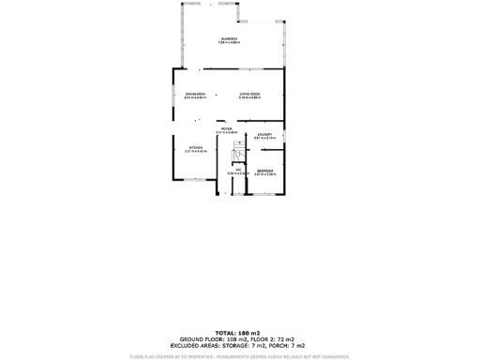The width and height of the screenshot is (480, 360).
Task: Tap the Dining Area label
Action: coord(195,94)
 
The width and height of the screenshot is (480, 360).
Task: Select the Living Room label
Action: coord(249,94)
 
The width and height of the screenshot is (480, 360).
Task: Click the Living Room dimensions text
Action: coord(249,98)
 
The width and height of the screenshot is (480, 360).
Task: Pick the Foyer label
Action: coord(226,128)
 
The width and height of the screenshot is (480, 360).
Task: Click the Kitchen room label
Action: coord(195,147)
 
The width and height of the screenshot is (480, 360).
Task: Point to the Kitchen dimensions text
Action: coord(195,152)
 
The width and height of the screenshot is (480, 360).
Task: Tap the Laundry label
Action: coord(264,134)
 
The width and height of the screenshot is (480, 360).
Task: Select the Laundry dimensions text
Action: coord(264,139)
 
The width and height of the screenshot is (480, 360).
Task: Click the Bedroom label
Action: coord(264,170)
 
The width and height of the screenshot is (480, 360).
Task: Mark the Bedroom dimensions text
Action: coord(264,174)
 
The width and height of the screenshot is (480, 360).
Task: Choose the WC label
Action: coord(238,169)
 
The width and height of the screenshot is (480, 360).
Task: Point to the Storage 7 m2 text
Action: coord(238,346)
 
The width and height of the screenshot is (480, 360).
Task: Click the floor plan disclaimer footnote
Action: coord(240,356)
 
